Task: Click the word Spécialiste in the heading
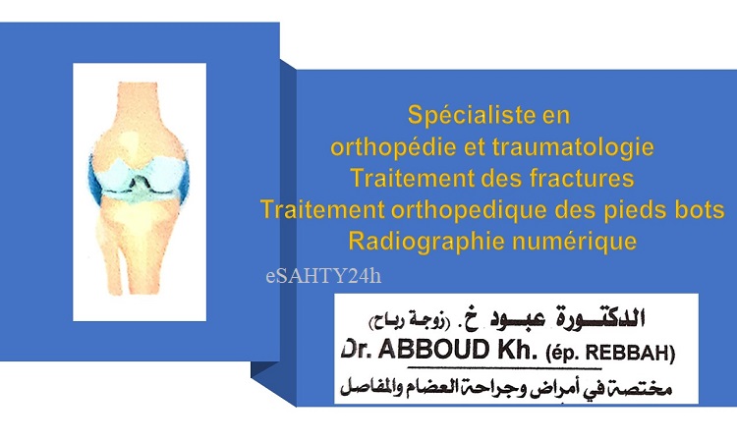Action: [x=466, y=116]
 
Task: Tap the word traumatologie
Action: [x=574, y=148]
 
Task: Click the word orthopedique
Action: [x=469, y=210]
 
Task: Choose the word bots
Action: [x=701, y=209]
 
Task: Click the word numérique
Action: [x=575, y=242]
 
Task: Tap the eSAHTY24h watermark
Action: [x=323, y=276]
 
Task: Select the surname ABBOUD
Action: [x=434, y=350]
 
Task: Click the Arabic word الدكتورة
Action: [x=600, y=318]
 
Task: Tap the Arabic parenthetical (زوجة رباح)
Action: [x=410, y=321]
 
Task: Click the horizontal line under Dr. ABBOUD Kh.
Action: [x=504, y=367]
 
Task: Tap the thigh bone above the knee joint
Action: [x=138, y=121]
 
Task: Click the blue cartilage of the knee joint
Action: [x=140, y=179]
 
